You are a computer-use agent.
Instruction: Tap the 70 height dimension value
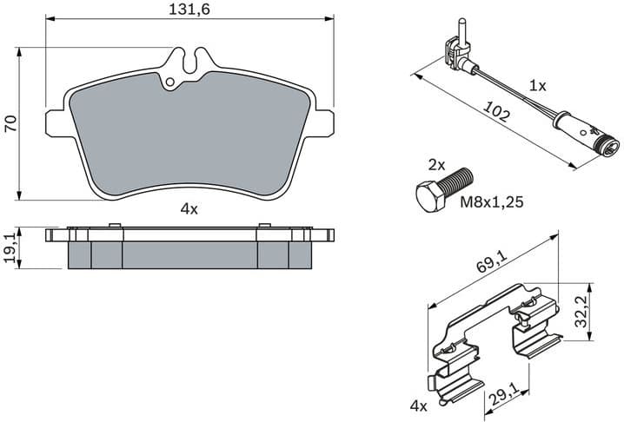(10, 123)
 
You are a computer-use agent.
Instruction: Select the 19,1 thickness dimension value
(10, 247)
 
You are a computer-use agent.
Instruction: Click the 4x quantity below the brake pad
(189, 208)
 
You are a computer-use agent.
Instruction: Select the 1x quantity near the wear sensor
(538, 86)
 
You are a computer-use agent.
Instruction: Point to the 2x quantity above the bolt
(436, 164)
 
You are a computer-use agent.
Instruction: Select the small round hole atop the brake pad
(170, 83)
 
